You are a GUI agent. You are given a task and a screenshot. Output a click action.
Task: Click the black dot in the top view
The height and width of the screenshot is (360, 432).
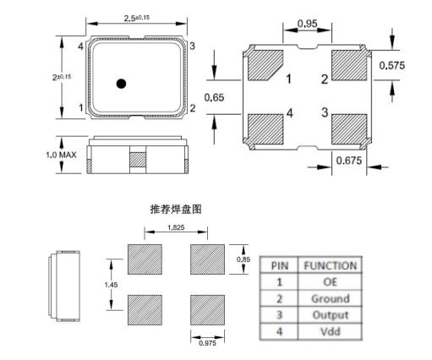[x=121, y=84]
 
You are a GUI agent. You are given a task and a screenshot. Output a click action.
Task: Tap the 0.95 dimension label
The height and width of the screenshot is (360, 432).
[x=308, y=24]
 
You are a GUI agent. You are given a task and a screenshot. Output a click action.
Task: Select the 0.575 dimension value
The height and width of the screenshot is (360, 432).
[x=392, y=65]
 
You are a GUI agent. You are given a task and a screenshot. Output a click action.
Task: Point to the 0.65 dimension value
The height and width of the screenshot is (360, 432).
[x=214, y=97]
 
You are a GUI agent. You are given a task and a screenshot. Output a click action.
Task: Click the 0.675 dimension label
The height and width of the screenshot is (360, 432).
[x=349, y=161]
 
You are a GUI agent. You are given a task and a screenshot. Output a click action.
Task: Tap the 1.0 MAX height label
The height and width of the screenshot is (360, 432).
[x=61, y=155]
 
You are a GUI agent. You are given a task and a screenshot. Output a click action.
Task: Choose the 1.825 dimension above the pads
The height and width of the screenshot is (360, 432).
[x=176, y=227]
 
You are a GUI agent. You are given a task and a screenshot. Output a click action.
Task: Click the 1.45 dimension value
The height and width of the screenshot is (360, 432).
[x=111, y=285]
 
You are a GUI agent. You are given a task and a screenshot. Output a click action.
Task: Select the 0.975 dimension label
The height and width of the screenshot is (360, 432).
[x=207, y=343]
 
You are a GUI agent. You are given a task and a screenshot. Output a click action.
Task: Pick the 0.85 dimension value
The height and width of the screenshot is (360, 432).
[x=243, y=259]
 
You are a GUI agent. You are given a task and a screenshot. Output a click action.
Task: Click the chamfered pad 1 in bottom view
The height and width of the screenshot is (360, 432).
[x=265, y=65]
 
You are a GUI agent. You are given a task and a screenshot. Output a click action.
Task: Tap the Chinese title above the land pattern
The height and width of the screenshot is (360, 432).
[x=176, y=210]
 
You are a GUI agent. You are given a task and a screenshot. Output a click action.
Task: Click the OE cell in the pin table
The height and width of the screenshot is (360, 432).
[x=330, y=281]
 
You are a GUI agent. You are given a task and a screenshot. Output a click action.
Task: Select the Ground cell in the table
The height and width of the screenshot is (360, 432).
[x=330, y=298]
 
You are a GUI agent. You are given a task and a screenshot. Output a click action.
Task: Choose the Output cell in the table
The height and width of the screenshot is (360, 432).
[x=330, y=315]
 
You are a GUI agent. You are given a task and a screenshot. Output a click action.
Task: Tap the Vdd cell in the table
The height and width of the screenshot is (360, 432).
[x=330, y=331]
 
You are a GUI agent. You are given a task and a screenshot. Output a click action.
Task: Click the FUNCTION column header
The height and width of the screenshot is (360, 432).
[x=330, y=265]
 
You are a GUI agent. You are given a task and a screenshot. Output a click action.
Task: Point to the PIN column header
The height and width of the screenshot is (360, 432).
[x=280, y=265]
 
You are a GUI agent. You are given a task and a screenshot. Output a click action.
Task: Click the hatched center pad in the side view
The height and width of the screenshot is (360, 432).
[x=138, y=160]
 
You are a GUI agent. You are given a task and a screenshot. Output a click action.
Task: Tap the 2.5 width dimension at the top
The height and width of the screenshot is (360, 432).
[x=137, y=18]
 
